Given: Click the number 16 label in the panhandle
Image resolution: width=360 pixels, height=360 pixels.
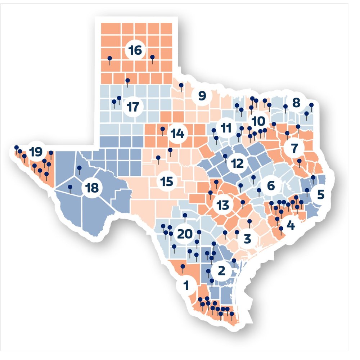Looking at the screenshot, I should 135,50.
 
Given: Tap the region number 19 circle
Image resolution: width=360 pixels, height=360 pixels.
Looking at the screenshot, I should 35,152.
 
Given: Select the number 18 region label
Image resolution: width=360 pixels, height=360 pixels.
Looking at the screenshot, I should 91,188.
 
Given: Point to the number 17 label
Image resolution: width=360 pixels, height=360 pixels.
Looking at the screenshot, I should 133,107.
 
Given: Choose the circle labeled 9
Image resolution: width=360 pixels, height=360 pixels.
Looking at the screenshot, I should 201,96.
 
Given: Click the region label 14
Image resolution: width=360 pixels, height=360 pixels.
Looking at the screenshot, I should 177,134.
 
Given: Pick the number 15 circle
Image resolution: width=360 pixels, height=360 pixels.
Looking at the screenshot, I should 167,181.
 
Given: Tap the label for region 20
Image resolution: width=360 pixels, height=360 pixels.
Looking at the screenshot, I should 185,234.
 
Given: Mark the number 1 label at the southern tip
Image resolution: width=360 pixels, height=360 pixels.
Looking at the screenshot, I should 186,286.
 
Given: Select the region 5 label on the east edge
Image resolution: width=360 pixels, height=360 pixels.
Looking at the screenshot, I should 320,194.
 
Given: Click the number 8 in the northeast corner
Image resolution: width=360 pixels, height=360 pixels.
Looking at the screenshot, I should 296,103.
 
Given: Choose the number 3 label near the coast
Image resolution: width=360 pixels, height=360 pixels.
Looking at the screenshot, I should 247,238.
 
